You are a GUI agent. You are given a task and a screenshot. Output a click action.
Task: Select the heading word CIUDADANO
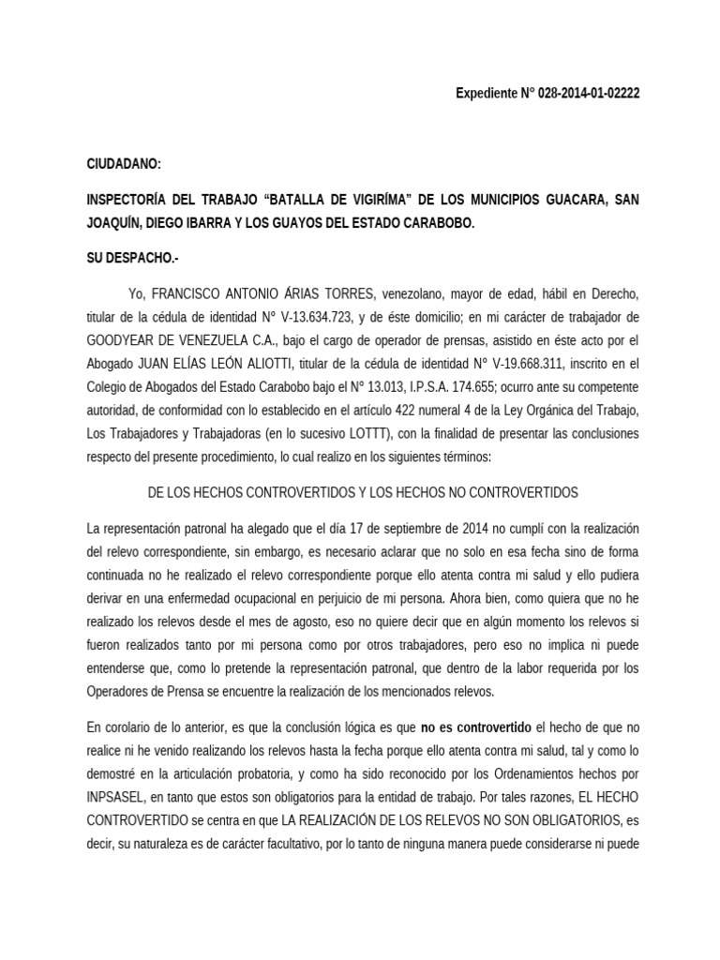(x=124, y=164)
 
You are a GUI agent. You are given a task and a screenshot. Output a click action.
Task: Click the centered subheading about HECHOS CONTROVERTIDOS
(x=364, y=492)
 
